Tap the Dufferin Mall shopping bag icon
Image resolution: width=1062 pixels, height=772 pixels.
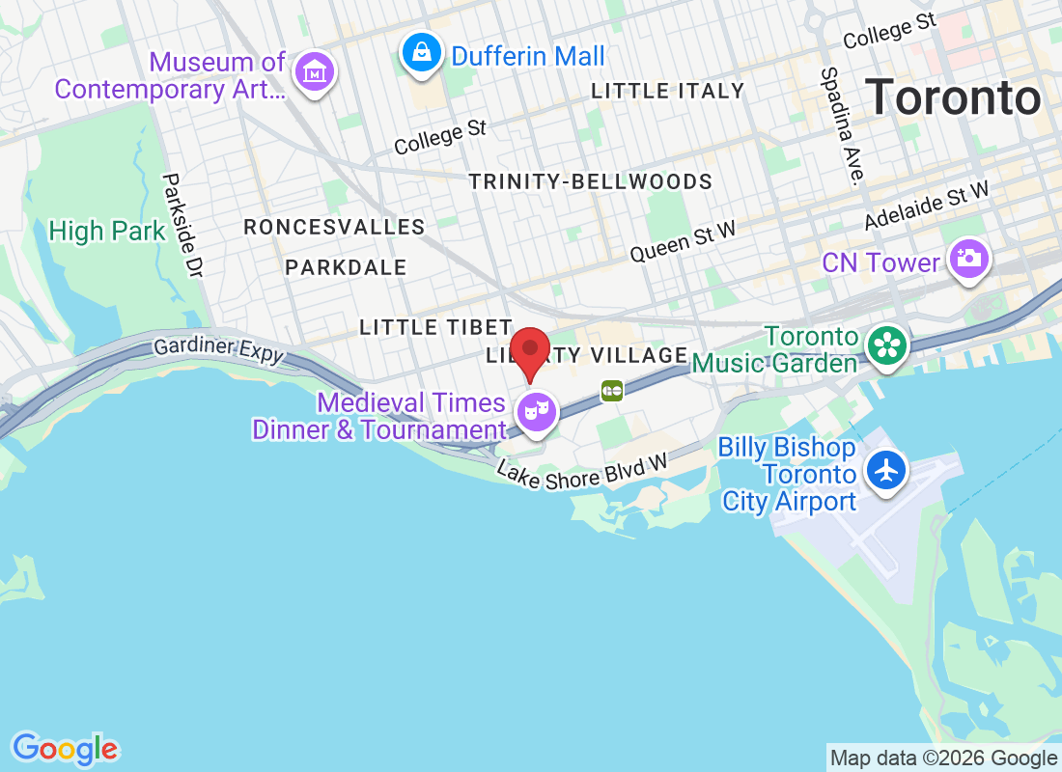422,53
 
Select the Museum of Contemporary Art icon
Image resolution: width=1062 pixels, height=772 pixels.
315,73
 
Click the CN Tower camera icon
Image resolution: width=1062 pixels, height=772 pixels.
968,260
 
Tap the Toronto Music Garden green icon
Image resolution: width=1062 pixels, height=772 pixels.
884,346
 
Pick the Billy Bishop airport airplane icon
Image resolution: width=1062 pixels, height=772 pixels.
886,471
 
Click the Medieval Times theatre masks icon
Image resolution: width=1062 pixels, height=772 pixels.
537,413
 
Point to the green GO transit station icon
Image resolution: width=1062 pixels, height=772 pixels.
612,390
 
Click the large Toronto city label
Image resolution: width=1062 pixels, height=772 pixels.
952,98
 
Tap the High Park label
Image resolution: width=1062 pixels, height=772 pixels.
107,232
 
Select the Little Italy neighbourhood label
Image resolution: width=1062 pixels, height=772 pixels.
667,92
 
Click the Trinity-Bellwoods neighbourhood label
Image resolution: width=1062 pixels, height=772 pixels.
590,181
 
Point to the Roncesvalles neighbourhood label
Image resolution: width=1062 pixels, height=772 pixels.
334,227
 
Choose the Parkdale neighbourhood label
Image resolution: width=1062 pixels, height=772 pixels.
346,267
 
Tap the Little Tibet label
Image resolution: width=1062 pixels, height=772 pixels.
434,327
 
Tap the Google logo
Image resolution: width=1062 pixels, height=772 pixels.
65,748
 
